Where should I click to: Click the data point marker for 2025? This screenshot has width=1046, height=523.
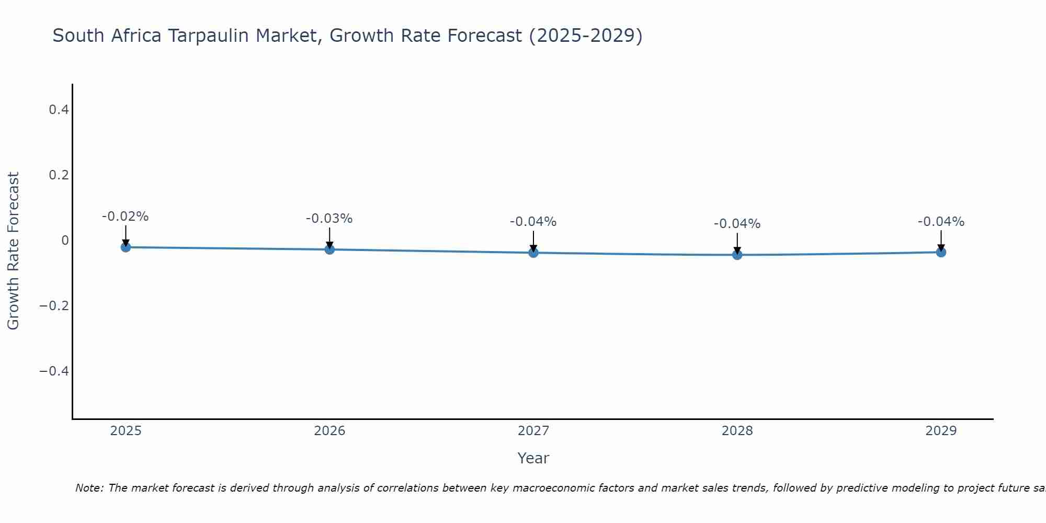(x=126, y=247)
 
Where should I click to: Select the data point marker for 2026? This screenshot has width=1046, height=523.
(x=329, y=249)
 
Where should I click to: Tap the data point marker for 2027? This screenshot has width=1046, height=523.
(x=533, y=253)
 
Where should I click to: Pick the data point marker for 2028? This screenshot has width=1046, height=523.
(x=737, y=255)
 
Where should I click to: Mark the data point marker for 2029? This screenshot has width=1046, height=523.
(x=941, y=252)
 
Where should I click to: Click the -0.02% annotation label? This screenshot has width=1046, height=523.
(x=125, y=217)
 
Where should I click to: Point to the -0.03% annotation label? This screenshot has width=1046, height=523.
(x=329, y=219)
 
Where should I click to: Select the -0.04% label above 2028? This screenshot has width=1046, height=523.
(x=737, y=224)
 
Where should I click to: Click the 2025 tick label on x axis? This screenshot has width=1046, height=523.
(x=126, y=431)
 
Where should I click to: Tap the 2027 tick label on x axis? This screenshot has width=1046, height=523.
(x=533, y=431)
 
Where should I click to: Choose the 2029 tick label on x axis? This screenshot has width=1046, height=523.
(x=941, y=431)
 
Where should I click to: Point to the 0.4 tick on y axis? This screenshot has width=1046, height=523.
(x=59, y=110)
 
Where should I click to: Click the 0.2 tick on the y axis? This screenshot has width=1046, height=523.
(x=59, y=175)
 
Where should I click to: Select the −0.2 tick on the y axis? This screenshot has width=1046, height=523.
(x=54, y=305)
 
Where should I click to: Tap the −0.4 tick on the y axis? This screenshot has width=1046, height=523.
(x=54, y=371)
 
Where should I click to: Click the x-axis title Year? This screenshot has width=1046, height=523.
(x=533, y=458)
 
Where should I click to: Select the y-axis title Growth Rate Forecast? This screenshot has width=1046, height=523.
(x=13, y=251)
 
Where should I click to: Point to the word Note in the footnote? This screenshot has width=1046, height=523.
(x=89, y=488)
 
